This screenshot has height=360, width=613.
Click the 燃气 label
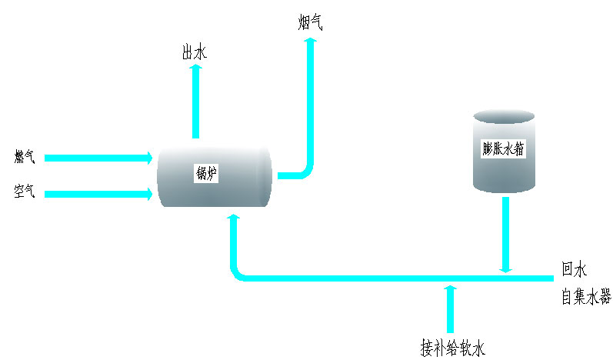tap(25, 158)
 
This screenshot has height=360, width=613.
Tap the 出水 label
tap(194, 52)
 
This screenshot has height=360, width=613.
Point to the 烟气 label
tap(310, 22)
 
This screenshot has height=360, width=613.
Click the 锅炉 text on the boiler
tap(207, 175)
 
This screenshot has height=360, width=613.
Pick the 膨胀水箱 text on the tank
tap(503, 149)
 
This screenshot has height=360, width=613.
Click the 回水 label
tap(574, 270)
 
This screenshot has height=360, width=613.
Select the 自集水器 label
tap(586, 296)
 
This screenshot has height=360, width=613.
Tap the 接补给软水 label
tap(452, 346)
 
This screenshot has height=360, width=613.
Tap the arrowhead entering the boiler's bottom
tap(234, 220)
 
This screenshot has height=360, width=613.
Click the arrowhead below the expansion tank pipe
tap(505, 267)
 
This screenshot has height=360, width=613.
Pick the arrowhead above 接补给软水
tap(451, 289)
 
